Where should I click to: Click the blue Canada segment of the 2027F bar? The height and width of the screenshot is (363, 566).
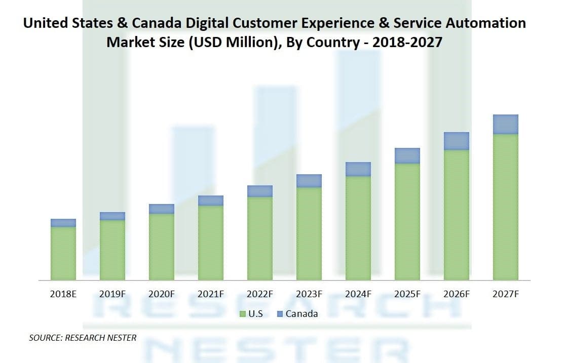505,124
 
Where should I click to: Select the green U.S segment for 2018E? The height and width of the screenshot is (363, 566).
63,253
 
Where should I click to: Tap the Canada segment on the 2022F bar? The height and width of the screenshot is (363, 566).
260,191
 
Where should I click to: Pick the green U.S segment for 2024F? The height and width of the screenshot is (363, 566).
358,228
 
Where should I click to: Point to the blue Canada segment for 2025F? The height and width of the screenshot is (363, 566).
407,155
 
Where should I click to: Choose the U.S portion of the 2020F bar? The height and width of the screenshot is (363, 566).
162,247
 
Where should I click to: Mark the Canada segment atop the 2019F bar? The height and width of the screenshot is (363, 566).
112,216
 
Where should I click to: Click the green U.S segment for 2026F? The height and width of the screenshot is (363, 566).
456,215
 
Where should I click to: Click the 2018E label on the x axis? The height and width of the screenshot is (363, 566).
63,294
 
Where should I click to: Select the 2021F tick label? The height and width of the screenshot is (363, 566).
211,294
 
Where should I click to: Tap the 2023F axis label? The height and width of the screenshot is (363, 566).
309,294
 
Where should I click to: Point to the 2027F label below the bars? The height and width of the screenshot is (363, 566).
505,294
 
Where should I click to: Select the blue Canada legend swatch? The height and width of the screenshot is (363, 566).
280,314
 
